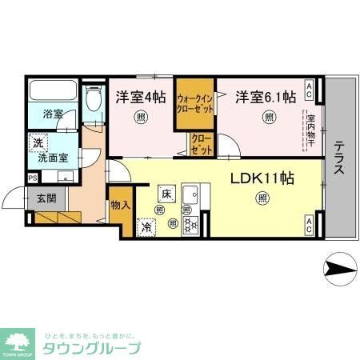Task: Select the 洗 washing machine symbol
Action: tap(38, 143)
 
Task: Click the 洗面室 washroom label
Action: tap(50, 158)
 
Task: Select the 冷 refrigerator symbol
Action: tap(147, 227)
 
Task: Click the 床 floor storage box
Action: tap(166, 194)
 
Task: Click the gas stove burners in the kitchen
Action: tap(191, 224)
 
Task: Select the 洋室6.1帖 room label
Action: tap(266, 97)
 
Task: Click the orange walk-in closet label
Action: tap(195, 103)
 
